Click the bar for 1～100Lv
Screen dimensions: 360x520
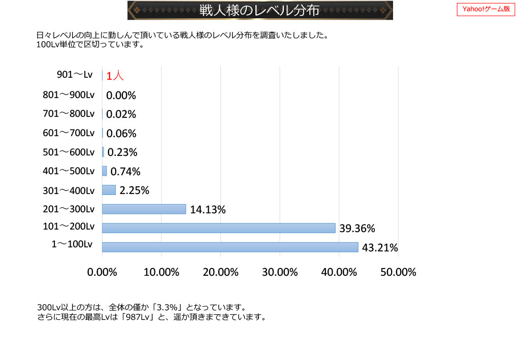[x=230, y=247]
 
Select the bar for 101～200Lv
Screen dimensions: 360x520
[x=218, y=228]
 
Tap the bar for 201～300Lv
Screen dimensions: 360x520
[x=144, y=209]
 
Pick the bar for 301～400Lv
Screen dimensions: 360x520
[x=109, y=190]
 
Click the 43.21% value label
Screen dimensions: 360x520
[x=380, y=248]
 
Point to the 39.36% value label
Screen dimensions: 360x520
[x=357, y=228]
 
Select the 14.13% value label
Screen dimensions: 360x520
[x=208, y=209]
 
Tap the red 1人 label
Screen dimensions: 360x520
[x=115, y=76]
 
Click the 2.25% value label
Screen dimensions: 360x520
[x=134, y=190]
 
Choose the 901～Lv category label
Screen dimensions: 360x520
[x=75, y=75]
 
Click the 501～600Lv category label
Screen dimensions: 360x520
[x=69, y=152]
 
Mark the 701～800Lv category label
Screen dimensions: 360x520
[x=69, y=114]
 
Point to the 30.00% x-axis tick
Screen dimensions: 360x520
[x=280, y=272]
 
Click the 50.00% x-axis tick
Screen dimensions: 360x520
[x=398, y=272]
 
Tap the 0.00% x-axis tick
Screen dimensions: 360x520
[x=102, y=272]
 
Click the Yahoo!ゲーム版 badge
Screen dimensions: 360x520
[x=486, y=9]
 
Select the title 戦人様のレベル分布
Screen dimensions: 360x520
[x=259, y=10]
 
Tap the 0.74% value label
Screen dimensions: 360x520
[x=125, y=171]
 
